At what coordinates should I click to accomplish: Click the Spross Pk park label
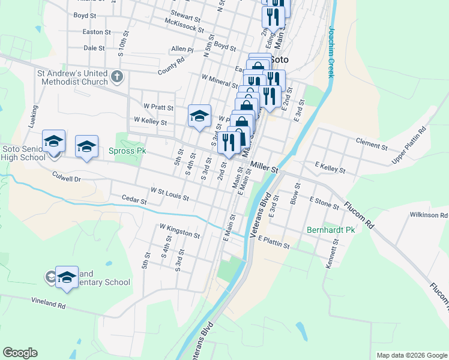[127, 151]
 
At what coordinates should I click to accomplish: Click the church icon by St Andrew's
[116, 77]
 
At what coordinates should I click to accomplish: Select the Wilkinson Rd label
[429, 215]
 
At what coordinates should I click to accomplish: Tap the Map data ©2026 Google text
[412, 355]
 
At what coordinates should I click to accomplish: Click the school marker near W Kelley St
[199, 116]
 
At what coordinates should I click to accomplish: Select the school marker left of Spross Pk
[86, 147]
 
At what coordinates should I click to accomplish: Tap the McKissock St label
[185, 25]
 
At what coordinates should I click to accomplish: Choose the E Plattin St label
[274, 241]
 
